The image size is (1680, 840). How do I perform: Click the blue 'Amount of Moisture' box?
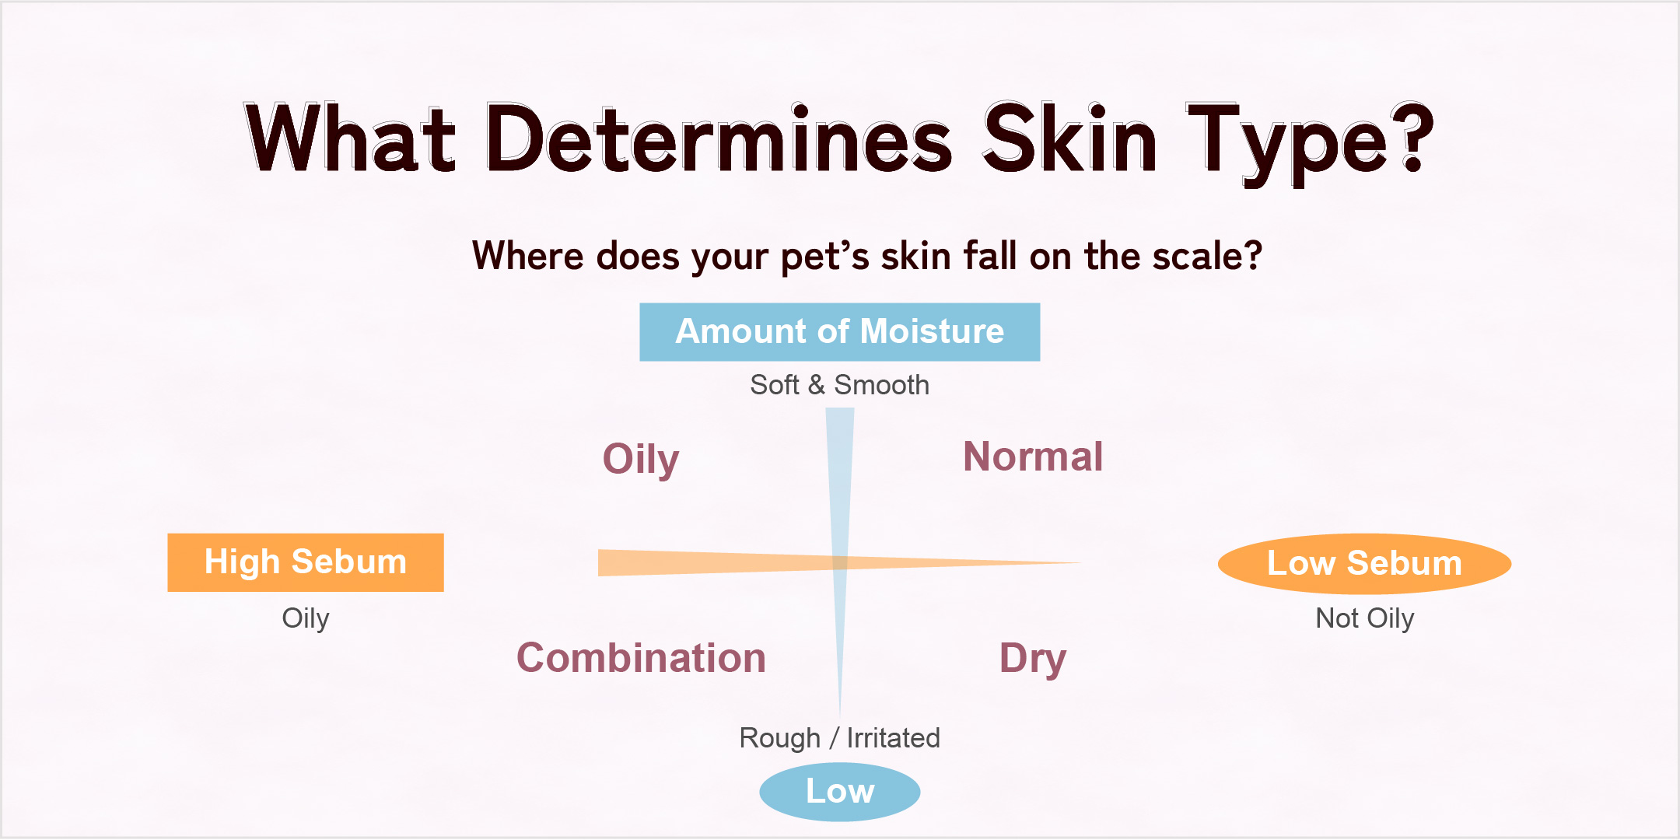pyautogui.click(x=839, y=332)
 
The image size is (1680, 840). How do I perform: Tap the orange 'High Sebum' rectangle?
pyautogui.click(x=306, y=562)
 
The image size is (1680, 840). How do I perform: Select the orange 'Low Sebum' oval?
pyautogui.click(x=1364, y=563)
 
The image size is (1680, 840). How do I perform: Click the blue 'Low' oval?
pyautogui.click(x=840, y=792)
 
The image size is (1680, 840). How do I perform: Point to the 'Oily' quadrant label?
pyautogui.click(x=641, y=459)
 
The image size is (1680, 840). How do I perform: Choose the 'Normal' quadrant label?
pyautogui.click(x=1033, y=457)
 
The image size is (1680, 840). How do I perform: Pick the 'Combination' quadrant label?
pyautogui.click(x=641, y=658)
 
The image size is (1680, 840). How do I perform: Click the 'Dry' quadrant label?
pyautogui.click(x=1033, y=659)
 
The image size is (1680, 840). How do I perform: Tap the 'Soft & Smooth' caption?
pyautogui.click(x=839, y=385)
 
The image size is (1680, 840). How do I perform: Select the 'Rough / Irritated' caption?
pyautogui.click(x=839, y=737)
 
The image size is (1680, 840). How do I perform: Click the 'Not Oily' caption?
pyautogui.click(x=1364, y=618)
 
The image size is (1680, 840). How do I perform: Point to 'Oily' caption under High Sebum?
pyautogui.click(x=306, y=618)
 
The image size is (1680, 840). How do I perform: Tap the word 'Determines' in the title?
pyautogui.click(x=719, y=138)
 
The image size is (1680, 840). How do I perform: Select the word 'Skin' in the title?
pyautogui.click(x=1070, y=137)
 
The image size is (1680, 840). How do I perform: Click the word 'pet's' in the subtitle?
pyautogui.click(x=825, y=257)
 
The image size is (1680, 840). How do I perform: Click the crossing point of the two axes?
pyautogui.click(x=840, y=562)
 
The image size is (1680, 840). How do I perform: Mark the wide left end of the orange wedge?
pyautogui.click(x=598, y=562)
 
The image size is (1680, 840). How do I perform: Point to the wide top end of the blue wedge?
pyautogui.click(x=840, y=408)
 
